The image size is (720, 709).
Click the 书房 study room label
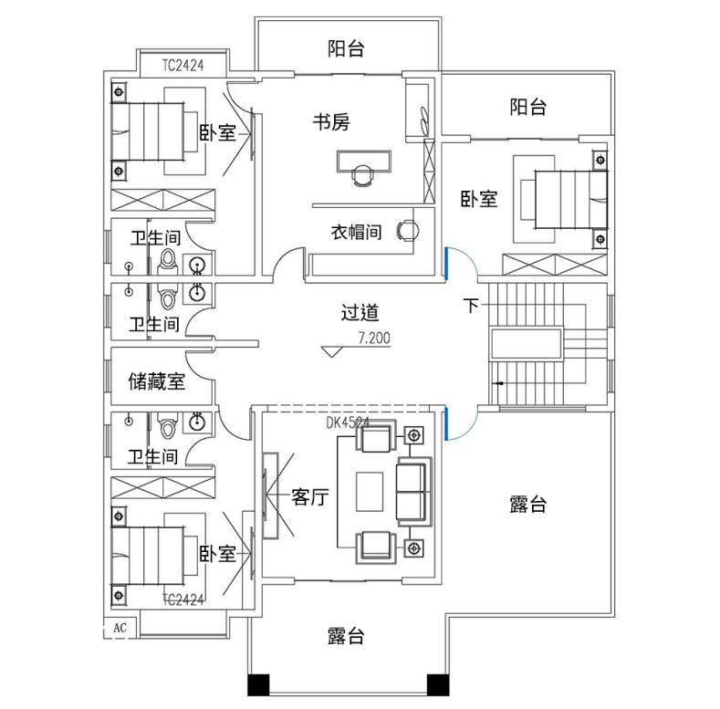[331, 122]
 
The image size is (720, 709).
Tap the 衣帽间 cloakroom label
[356, 232]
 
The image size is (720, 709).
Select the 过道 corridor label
[360, 313]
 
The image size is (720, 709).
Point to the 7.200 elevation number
[374, 339]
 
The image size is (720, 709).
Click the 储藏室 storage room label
[157, 381]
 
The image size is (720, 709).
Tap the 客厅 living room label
[310, 497]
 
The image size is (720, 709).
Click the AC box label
[120, 627]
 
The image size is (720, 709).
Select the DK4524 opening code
[348, 422]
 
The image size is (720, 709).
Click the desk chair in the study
[362, 175]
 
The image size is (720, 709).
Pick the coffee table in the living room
[370, 492]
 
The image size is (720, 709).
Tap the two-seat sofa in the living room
[413, 492]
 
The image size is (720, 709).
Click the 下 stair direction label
[471, 306]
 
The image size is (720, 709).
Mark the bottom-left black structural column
[258, 684]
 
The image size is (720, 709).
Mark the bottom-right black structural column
[438, 684]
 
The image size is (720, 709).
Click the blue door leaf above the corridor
[445, 263]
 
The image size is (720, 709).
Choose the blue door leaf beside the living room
[445, 424]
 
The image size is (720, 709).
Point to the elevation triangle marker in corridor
[331, 351]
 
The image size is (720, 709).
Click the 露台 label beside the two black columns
[346, 636]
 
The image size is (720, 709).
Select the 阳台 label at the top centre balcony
[346, 48]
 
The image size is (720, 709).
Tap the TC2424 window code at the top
[183, 66]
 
